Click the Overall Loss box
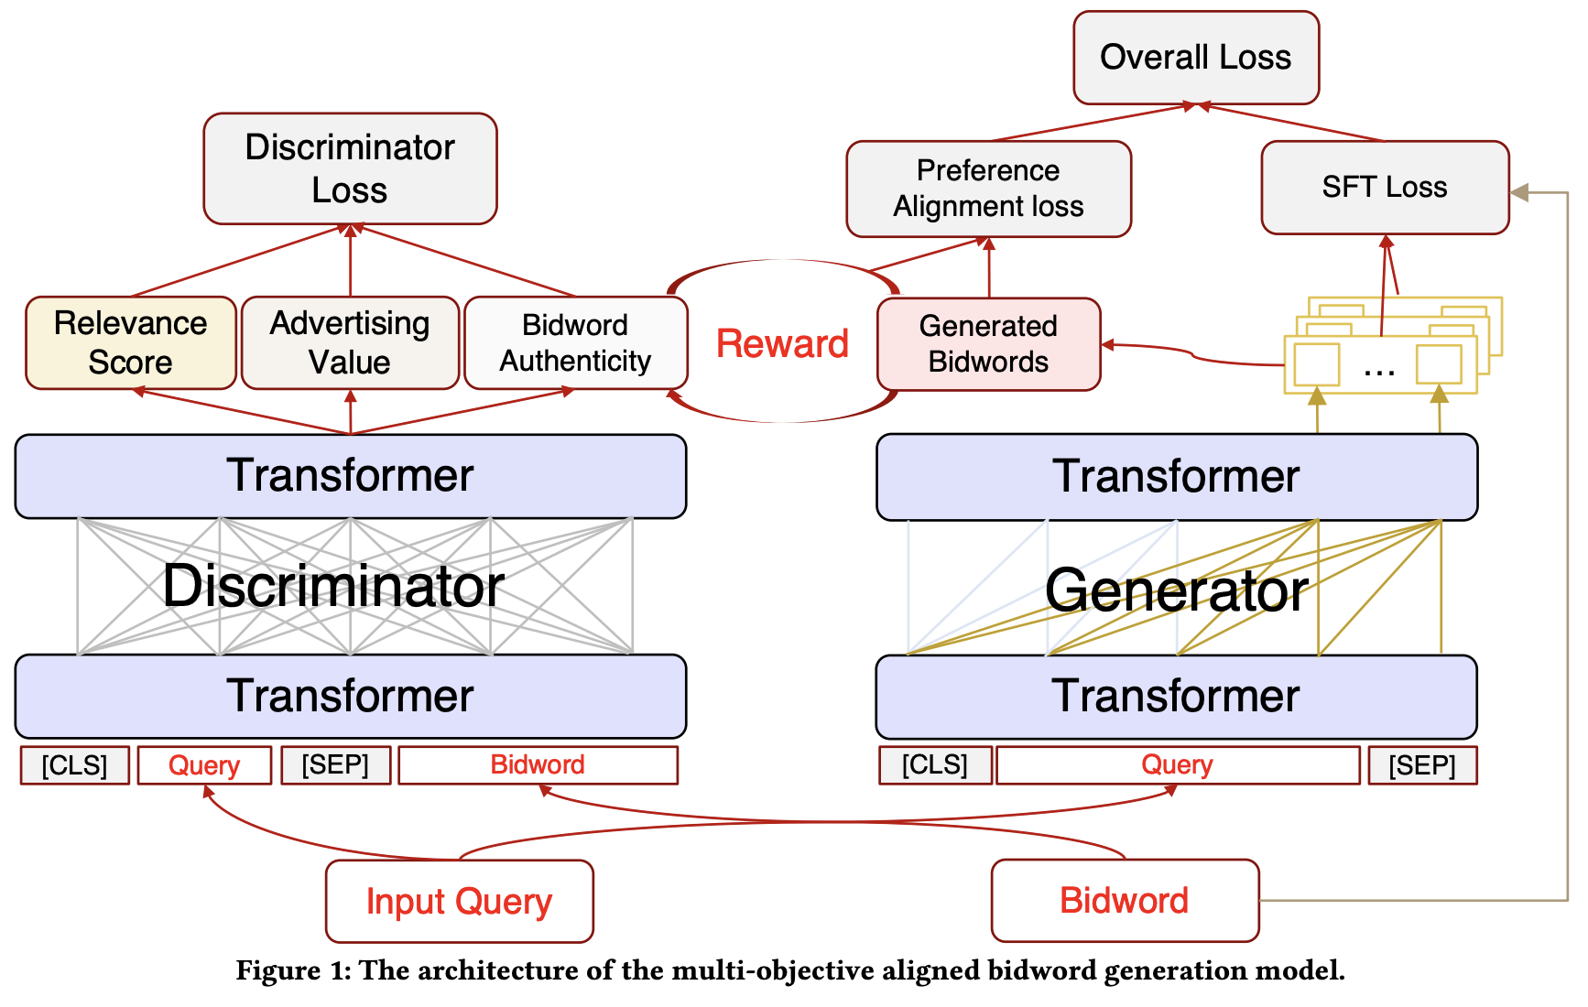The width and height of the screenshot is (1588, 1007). click(1196, 58)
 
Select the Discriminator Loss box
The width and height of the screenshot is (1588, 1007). click(350, 168)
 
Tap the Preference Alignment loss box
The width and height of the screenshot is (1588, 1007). click(989, 189)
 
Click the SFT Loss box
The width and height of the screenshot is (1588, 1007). click(1385, 188)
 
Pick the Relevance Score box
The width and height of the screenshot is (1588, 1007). click(131, 342)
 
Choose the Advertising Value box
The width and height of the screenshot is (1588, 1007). click(350, 342)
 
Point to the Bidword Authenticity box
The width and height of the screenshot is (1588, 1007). click(576, 342)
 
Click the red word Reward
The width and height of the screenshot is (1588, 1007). click(782, 344)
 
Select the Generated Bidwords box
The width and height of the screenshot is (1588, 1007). click(989, 344)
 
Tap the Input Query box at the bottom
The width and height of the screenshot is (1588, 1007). click(460, 901)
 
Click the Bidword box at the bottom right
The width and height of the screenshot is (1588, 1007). click(1125, 900)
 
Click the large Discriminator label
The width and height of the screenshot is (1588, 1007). click(333, 586)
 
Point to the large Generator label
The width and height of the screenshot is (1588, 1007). click(1177, 590)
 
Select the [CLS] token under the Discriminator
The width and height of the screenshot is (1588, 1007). click(75, 765)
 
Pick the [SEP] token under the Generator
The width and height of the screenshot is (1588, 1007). click(1422, 765)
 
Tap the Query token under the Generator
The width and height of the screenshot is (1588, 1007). click(1178, 765)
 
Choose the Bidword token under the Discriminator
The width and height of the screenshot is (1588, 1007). click(538, 765)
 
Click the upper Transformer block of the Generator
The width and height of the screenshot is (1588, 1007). click(1177, 477)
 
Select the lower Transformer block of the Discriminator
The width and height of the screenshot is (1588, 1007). click(351, 696)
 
